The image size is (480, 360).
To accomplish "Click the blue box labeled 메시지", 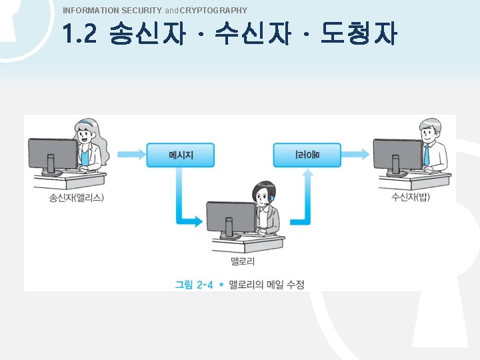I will click(181, 155).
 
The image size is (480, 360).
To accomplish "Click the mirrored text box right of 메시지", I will click(307, 155).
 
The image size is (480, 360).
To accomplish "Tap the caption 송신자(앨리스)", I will click(77, 197).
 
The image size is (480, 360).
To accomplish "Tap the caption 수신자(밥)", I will click(411, 197).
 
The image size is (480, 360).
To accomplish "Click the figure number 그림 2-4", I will click(194, 285).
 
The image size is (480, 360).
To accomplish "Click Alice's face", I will click(85, 135).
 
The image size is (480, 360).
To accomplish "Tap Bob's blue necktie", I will click(426, 155).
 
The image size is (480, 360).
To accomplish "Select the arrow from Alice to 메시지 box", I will click(132, 155).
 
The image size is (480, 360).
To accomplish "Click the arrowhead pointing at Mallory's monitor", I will click(197, 221).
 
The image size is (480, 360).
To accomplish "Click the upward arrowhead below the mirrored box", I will click(307, 175).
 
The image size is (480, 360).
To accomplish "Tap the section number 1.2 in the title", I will click(80, 35).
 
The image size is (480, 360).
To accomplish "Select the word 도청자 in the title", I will click(359, 35).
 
